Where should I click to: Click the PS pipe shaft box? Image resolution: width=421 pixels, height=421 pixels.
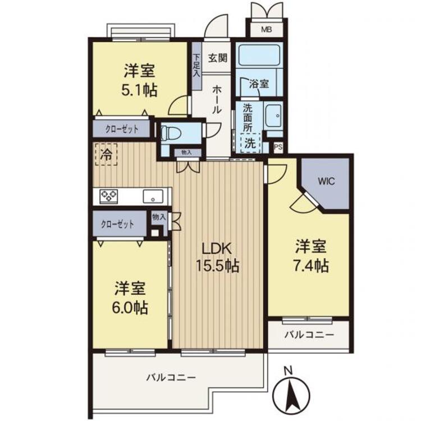point(278,148)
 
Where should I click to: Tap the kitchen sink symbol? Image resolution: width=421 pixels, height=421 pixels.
point(152,196)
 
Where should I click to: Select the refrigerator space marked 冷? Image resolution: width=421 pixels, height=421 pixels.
point(106,155)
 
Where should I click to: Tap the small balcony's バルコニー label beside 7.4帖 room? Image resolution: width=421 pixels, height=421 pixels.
point(308,335)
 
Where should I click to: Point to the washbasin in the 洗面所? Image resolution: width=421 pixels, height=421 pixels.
point(274,117)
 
